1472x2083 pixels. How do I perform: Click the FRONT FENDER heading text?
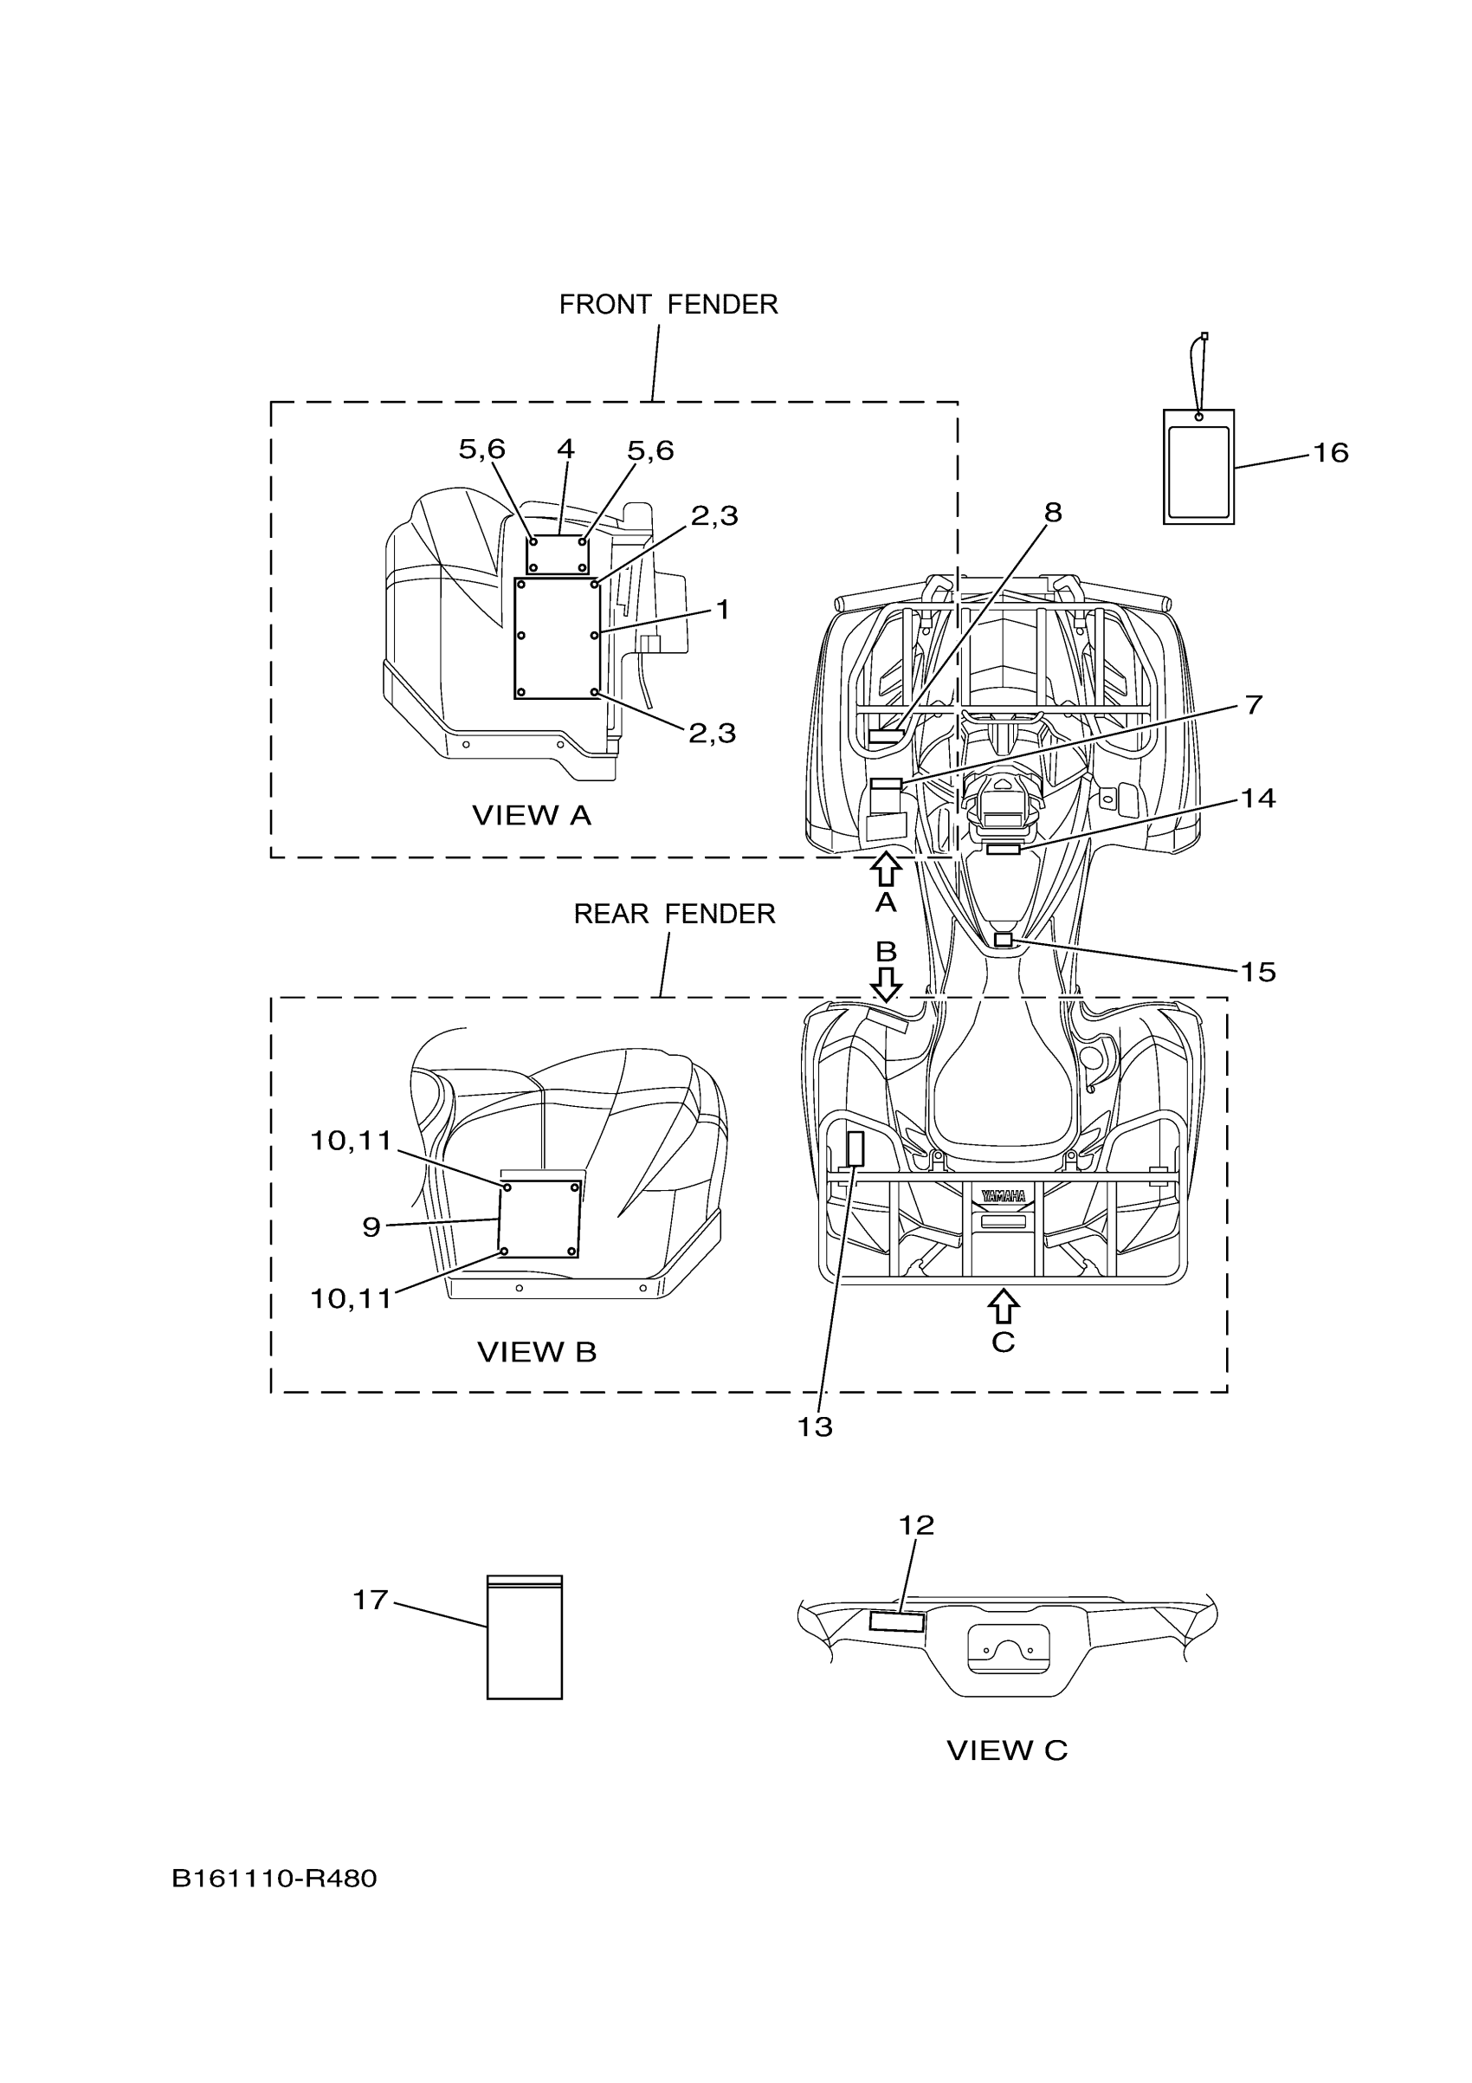tap(668, 305)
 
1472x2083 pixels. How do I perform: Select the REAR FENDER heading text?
tap(674, 914)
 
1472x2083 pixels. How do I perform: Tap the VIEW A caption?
tap(532, 816)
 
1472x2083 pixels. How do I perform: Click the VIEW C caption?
tap(1007, 1750)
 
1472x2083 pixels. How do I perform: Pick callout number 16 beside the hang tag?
tap(1331, 452)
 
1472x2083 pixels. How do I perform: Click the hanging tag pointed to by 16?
tap(1198, 466)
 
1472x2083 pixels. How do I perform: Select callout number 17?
tap(370, 1600)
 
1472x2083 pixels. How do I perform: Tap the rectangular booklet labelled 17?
tap(524, 1638)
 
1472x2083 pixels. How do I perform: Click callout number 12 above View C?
tap(916, 1525)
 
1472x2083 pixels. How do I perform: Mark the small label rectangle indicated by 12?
tap(896, 1621)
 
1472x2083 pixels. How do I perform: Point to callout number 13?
tap(815, 1427)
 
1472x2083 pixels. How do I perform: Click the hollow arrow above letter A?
tap(885, 869)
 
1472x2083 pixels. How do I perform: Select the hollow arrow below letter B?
tap(885, 983)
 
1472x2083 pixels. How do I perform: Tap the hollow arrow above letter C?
tap(1002, 1306)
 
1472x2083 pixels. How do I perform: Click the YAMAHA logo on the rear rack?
tap(1003, 1196)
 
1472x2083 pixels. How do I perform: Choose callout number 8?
tap(1052, 513)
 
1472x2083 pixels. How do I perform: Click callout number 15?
tap(1258, 973)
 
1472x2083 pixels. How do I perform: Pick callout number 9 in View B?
tap(371, 1227)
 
